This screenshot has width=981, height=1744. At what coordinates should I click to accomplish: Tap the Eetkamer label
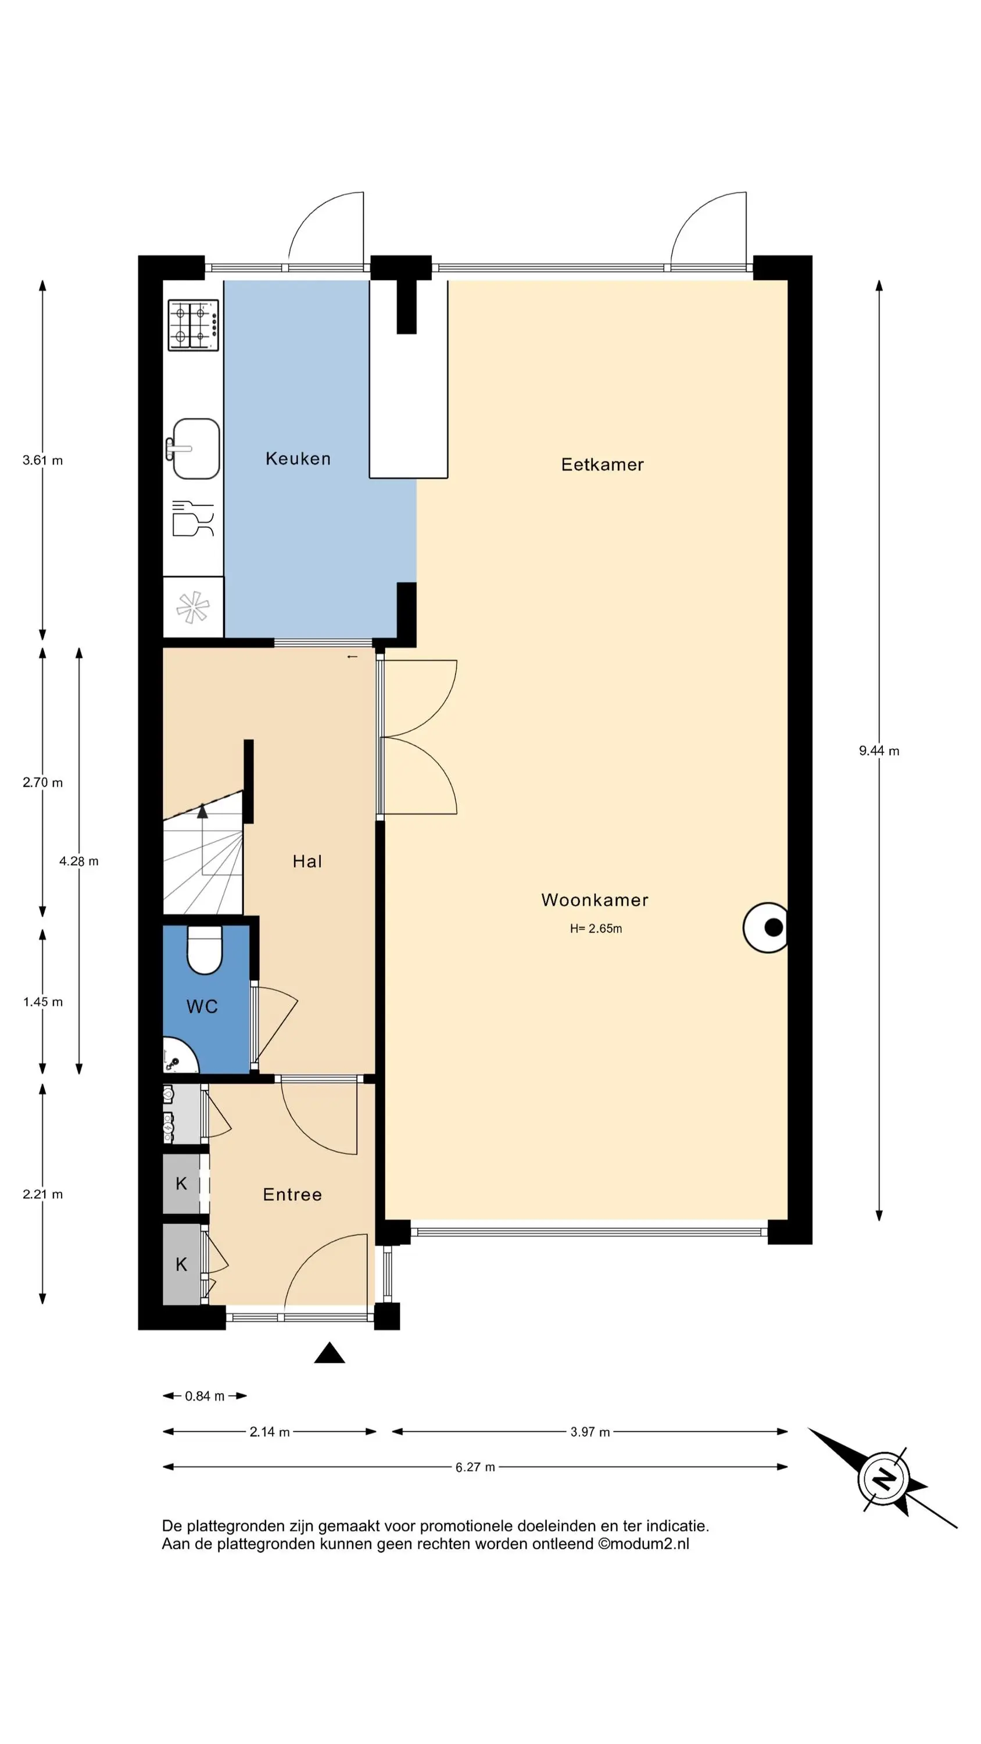pyautogui.click(x=602, y=464)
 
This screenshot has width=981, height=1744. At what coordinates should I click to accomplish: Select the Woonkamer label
pyautogui.click(x=595, y=900)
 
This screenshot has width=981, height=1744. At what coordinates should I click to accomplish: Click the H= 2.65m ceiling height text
pyautogui.click(x=596, y=928)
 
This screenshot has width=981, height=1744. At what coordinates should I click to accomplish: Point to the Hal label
pyautogui.click(x=307, y=861)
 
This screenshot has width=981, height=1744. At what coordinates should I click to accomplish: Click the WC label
pyautogui.click(x=202, y=1007)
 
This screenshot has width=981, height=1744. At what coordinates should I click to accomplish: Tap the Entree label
pyautogui.click(x=292, y=1194)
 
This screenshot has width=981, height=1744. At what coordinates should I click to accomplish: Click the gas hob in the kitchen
pyautogui.click(x=194, y=325)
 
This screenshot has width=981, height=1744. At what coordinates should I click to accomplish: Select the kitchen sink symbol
pyautogui.click(x=194, y=448)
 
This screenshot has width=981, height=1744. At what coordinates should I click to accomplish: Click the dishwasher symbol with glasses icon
pyautogui.click(x=193, y=519)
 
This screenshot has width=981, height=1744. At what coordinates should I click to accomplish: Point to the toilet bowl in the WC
pyautogui.click(x=205, y=949)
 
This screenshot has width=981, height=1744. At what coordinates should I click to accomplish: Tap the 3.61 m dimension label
pyautogui.click(x=42, y=460)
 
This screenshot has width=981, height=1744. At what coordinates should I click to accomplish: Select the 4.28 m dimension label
pyautogui.click(x=78, y=861)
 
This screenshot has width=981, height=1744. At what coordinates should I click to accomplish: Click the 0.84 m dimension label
pyautogui.click(x=205, y=1396)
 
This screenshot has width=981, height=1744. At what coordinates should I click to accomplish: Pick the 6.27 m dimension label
pyautogui.click(x=475, y=1467)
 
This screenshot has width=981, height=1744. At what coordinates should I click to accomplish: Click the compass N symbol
pyautogui.click(x=883, y=1478)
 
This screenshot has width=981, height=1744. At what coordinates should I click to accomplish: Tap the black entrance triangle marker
pyautogui.click(x=330, y=1353)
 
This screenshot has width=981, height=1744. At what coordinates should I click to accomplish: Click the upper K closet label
pyautogui.click(x=181, y=1184)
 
